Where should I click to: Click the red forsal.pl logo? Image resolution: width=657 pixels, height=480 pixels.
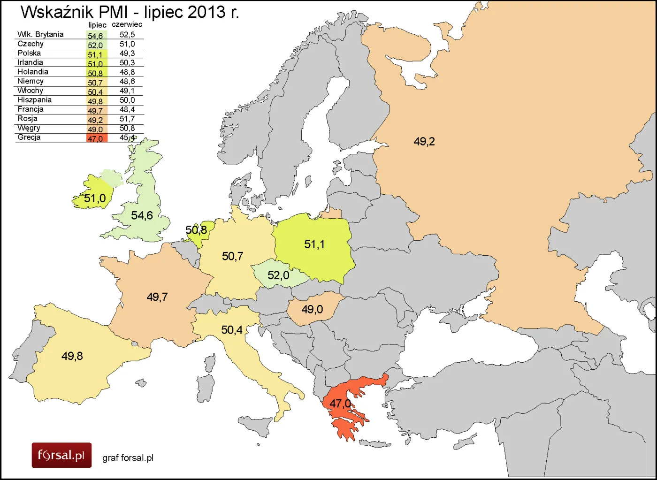coord(61,455)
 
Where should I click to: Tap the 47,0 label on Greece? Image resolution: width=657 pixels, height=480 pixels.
coord(340,404)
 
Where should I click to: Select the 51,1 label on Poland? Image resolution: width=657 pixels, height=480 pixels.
coord(314,244)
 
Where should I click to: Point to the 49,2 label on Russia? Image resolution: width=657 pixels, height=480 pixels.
coord(424,141)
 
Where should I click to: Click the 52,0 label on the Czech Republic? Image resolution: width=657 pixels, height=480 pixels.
coord(278,275)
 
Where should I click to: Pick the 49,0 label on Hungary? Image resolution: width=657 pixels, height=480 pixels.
coord(312,309)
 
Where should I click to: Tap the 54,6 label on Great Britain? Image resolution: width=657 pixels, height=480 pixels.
coord(142,215)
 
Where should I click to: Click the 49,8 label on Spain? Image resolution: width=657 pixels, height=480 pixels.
coord(72,356)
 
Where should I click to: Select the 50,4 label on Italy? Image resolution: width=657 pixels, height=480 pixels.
coord(232,330)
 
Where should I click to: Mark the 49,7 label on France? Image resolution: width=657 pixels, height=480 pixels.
coord(157,297)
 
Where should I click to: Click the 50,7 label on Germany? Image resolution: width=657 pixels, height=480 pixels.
coord(232,256)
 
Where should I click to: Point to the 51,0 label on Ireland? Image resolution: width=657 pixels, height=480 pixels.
coord(95,198)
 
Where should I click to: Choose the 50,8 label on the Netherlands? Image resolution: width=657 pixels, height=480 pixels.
coord(196,230)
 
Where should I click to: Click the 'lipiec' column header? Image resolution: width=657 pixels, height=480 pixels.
coord(97,25)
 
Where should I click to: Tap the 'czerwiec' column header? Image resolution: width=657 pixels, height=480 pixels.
coord(127,24)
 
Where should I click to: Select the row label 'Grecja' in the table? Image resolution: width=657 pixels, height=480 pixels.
coord(29,137)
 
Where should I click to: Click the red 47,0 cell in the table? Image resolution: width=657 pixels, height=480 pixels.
coord(97,138)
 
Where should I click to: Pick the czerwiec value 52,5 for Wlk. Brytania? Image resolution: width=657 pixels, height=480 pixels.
coord(127,35)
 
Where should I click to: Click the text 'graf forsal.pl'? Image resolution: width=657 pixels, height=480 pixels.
coord(128,458)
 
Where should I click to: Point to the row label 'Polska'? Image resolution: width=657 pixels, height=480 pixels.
coord(29,53)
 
